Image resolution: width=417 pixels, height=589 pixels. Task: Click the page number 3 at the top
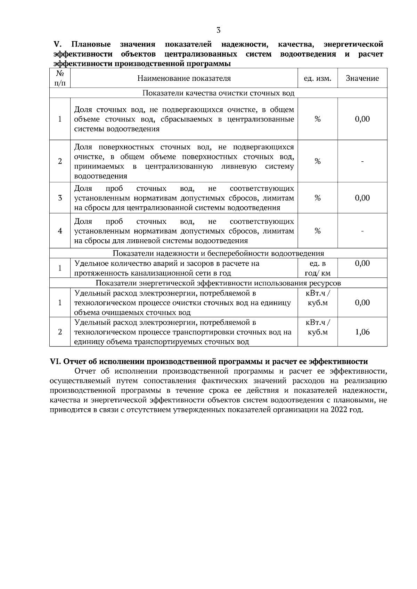[218, 30]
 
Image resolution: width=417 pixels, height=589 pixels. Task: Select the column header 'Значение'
[362, 78]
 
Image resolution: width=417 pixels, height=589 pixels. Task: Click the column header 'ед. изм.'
[317, 78]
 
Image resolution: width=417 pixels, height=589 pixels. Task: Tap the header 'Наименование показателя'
[184, 78]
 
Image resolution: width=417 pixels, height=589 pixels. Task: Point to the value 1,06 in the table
[362, 332]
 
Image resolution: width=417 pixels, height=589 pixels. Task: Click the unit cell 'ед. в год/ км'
[317, 268]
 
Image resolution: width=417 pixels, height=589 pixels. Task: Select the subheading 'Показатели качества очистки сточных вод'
[218, 93]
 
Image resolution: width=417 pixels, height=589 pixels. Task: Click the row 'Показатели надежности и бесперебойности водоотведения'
[218, 254]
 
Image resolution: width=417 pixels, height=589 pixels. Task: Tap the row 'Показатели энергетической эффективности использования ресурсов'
[218, 283]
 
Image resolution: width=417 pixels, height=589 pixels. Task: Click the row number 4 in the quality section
[60, 231]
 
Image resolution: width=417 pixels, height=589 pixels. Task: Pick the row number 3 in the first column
[60, 198]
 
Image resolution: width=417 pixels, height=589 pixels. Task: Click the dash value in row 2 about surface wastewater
[362, 161]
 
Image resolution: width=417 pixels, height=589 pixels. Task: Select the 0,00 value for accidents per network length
[362, 264]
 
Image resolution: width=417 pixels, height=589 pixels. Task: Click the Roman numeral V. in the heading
[57, 44]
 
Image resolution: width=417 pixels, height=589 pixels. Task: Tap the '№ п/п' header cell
[60, 78]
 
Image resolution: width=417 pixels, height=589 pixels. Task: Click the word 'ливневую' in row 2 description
[239, 167]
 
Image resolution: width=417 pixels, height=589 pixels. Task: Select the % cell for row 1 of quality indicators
[317, 119]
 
